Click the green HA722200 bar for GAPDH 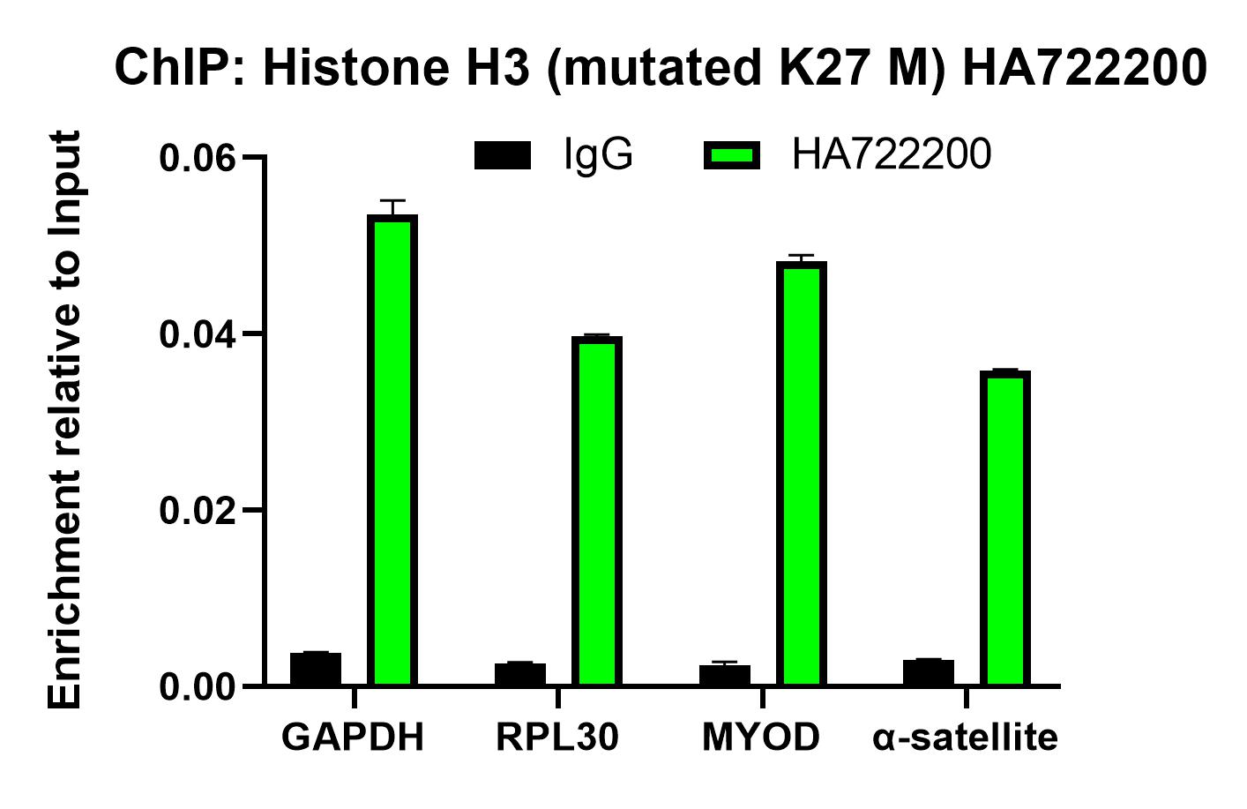(392, 450)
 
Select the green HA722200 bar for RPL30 (596, 511)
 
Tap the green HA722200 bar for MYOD (801, 474)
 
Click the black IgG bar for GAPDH (315, 670)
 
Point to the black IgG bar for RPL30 (519, 674)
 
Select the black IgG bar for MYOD (724, 675)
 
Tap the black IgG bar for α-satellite (928, 672)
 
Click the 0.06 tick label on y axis (198, 158)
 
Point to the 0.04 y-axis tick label (198, 334)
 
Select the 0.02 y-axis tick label (198, 511)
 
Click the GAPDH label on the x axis (353, 738)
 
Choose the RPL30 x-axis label (557, 738)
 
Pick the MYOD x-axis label (761, 738)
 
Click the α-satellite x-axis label (965, 738)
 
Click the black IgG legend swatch (503, 156)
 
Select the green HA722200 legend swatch (731, 156)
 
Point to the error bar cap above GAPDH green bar (392, 201)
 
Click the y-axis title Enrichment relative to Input (65, 419)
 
